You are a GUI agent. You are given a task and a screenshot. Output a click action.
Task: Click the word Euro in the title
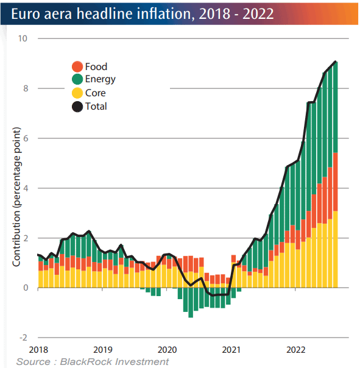point(26,14)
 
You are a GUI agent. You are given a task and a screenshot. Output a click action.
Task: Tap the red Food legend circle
point(77,66)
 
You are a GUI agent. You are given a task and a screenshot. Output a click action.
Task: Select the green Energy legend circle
point(77,79)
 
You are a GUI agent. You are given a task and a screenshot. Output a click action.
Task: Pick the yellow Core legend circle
point(77,93)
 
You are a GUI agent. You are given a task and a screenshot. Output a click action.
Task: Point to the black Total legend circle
point(77,107)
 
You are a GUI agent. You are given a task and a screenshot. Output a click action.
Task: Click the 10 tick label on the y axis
point(23,38)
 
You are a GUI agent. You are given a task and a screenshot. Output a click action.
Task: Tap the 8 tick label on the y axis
point(26,88)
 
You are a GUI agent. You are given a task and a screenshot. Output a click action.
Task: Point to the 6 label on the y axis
point(26,138)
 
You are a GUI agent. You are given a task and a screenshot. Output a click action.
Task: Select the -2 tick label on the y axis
point(23,338)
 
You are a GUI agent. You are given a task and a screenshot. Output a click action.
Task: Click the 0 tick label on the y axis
point(26,288)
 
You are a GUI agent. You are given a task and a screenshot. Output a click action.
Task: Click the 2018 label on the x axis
point(38,350)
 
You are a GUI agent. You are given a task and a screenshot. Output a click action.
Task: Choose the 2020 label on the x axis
point(167,350)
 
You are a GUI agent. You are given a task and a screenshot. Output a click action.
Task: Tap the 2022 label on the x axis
point(295,350)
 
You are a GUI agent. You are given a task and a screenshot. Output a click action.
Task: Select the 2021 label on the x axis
point(231,350)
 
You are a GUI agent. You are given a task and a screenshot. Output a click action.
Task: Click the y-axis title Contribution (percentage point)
point(16,197)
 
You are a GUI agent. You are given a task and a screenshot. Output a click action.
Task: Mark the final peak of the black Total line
point(336,62)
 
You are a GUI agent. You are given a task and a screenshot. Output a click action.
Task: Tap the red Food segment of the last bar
point(336,182)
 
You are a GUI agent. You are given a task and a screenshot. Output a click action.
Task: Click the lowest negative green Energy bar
point(191,303)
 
